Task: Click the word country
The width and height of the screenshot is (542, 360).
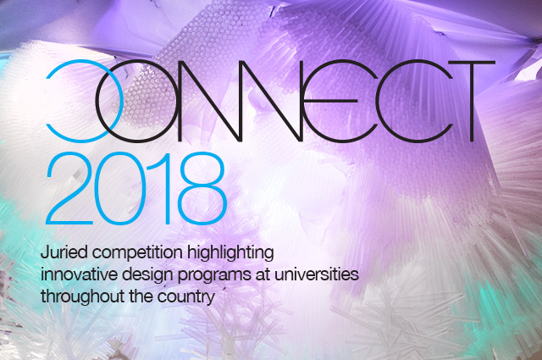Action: click(x=188, y=299)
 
